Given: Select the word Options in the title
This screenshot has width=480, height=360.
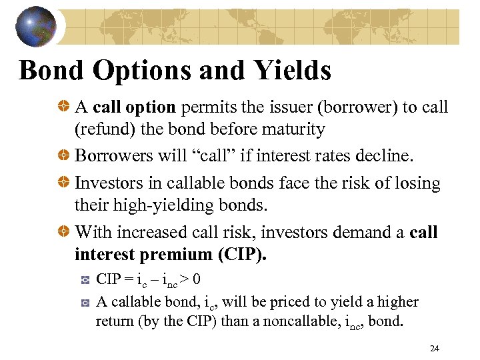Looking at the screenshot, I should click(x=137, y=69).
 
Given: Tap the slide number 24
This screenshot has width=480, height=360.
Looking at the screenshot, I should click(x=435, y=348).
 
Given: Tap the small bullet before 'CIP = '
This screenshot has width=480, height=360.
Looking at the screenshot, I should click(x=85, y=279).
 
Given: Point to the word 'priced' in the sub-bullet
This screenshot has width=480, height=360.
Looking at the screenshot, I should click(x=244, y=302).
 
